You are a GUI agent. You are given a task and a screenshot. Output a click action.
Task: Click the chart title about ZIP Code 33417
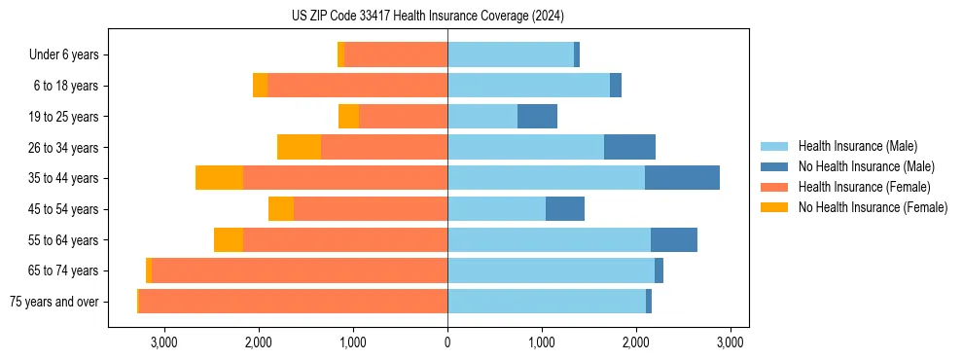point(428,17)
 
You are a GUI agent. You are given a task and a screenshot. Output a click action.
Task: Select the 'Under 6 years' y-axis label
point(63,55)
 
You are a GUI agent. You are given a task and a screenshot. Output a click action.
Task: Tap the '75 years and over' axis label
point(53,302)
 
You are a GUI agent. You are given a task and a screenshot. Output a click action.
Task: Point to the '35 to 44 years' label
point(65,178)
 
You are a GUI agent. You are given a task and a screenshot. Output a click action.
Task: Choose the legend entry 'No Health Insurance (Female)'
point(873,207)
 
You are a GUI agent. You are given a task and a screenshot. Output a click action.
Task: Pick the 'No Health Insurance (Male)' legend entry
point(866,166)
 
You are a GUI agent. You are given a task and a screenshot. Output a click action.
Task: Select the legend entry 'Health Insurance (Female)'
point(865,187)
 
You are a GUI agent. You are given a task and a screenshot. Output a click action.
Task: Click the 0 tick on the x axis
point(447,342)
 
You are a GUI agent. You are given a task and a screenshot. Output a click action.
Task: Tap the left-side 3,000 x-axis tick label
point(163,342)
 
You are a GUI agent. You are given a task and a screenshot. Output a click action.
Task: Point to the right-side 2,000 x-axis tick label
point(636,342)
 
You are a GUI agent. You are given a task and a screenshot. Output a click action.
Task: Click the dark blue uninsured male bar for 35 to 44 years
point(682,178)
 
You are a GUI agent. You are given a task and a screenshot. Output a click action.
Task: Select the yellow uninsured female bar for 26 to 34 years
point(299,147)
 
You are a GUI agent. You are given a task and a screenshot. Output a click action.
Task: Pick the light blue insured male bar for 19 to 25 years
point(482,117)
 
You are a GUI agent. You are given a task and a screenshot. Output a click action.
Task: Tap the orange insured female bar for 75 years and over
point(293,302)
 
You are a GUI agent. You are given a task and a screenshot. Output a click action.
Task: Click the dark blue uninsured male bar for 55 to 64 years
point(674,239)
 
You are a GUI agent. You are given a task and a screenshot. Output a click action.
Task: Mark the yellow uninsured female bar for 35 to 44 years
point(219,178)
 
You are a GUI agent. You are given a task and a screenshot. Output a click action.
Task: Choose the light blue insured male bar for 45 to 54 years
point(496,208)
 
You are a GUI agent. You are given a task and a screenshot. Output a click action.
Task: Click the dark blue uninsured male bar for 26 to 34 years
point(629,147)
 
